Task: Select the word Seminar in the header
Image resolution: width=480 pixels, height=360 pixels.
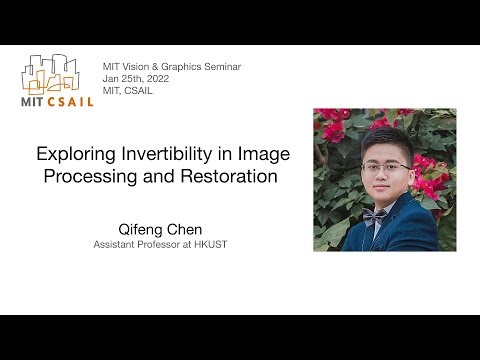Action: click(218, 67)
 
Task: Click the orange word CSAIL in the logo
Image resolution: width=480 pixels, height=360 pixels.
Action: click(69, 101)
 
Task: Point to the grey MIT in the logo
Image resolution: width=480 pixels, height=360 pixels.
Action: click(33, 101)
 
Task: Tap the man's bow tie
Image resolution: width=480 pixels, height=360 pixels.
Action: click(377, 214)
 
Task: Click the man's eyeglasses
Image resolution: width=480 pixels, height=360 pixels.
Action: click(385, 167)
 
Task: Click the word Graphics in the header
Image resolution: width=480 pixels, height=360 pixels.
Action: click(174, 67)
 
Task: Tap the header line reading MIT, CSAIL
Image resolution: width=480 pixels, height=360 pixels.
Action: click(127, 91)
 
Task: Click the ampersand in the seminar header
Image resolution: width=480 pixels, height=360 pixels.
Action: click(153, 67)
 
